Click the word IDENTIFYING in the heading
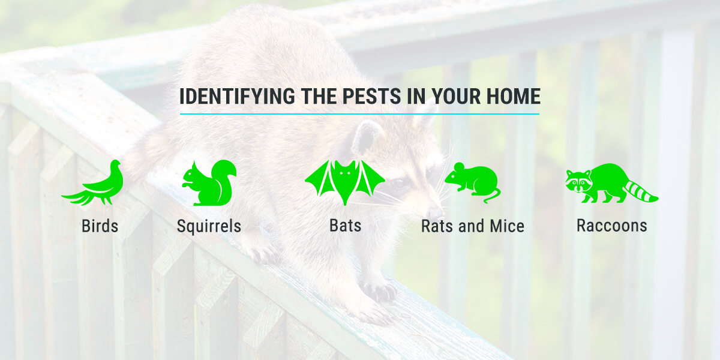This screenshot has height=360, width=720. pyautogui.click(x=237, y=96)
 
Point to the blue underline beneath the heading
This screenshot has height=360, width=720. pyautogui.click(x=359, y=114)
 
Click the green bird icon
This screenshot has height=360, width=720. pyautogui.click(x=93, y=183)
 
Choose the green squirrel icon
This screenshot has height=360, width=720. pyautogui.click(x=209, y=183)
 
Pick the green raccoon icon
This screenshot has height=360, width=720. pyautogui.click(x=611, y=183)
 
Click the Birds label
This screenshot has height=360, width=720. pyautogui.click(x=100, y=226)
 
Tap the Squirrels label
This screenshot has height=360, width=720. pyautogui.click(x=209, y=226)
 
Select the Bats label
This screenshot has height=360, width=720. pyautogui.click(x=345, y=226)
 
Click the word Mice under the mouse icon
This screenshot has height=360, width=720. pyautogui.click(x=507, y=226)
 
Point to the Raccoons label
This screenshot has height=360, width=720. pyautogui.click(x=611, y=226)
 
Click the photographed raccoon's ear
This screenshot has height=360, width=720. pyautogui.click(x=367, y=137)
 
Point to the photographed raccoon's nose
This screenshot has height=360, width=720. pyautogui.click(x=435, y=214)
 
